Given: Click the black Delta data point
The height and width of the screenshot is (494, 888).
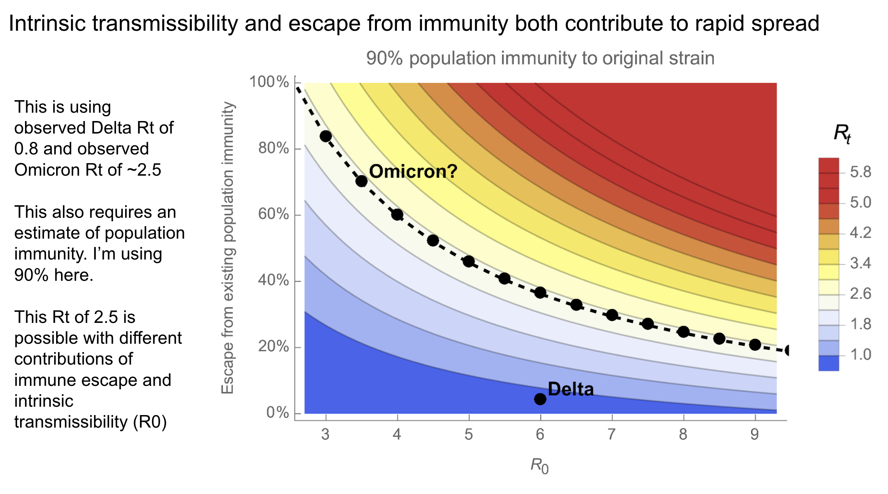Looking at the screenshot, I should [540, 399].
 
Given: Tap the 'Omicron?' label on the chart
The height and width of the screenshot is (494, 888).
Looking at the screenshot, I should [413, 171].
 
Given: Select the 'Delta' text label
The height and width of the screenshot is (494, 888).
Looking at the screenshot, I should [571, 389].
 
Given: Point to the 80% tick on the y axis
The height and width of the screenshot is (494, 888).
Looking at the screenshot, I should [274, 148].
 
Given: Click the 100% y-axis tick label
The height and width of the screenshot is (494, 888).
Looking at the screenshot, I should [269, 82].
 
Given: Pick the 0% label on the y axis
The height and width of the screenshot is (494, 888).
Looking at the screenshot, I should [278, 412].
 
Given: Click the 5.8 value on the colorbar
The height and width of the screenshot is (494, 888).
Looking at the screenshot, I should [860, 172].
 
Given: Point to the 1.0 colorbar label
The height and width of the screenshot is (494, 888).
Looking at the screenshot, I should [860, 355].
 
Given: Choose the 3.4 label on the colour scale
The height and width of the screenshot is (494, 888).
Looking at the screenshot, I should [860, 263].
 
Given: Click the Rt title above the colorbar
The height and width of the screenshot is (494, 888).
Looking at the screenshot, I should [842, 134].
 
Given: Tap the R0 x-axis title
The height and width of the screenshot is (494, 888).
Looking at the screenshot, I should [540, 466].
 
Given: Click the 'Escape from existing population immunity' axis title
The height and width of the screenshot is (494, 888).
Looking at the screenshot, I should [228, 248].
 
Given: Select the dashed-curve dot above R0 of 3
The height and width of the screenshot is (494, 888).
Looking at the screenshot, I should [326, 137].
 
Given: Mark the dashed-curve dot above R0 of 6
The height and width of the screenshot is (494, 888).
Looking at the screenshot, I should [540, 293].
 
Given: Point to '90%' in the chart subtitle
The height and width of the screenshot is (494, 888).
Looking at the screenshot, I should [384, 59].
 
